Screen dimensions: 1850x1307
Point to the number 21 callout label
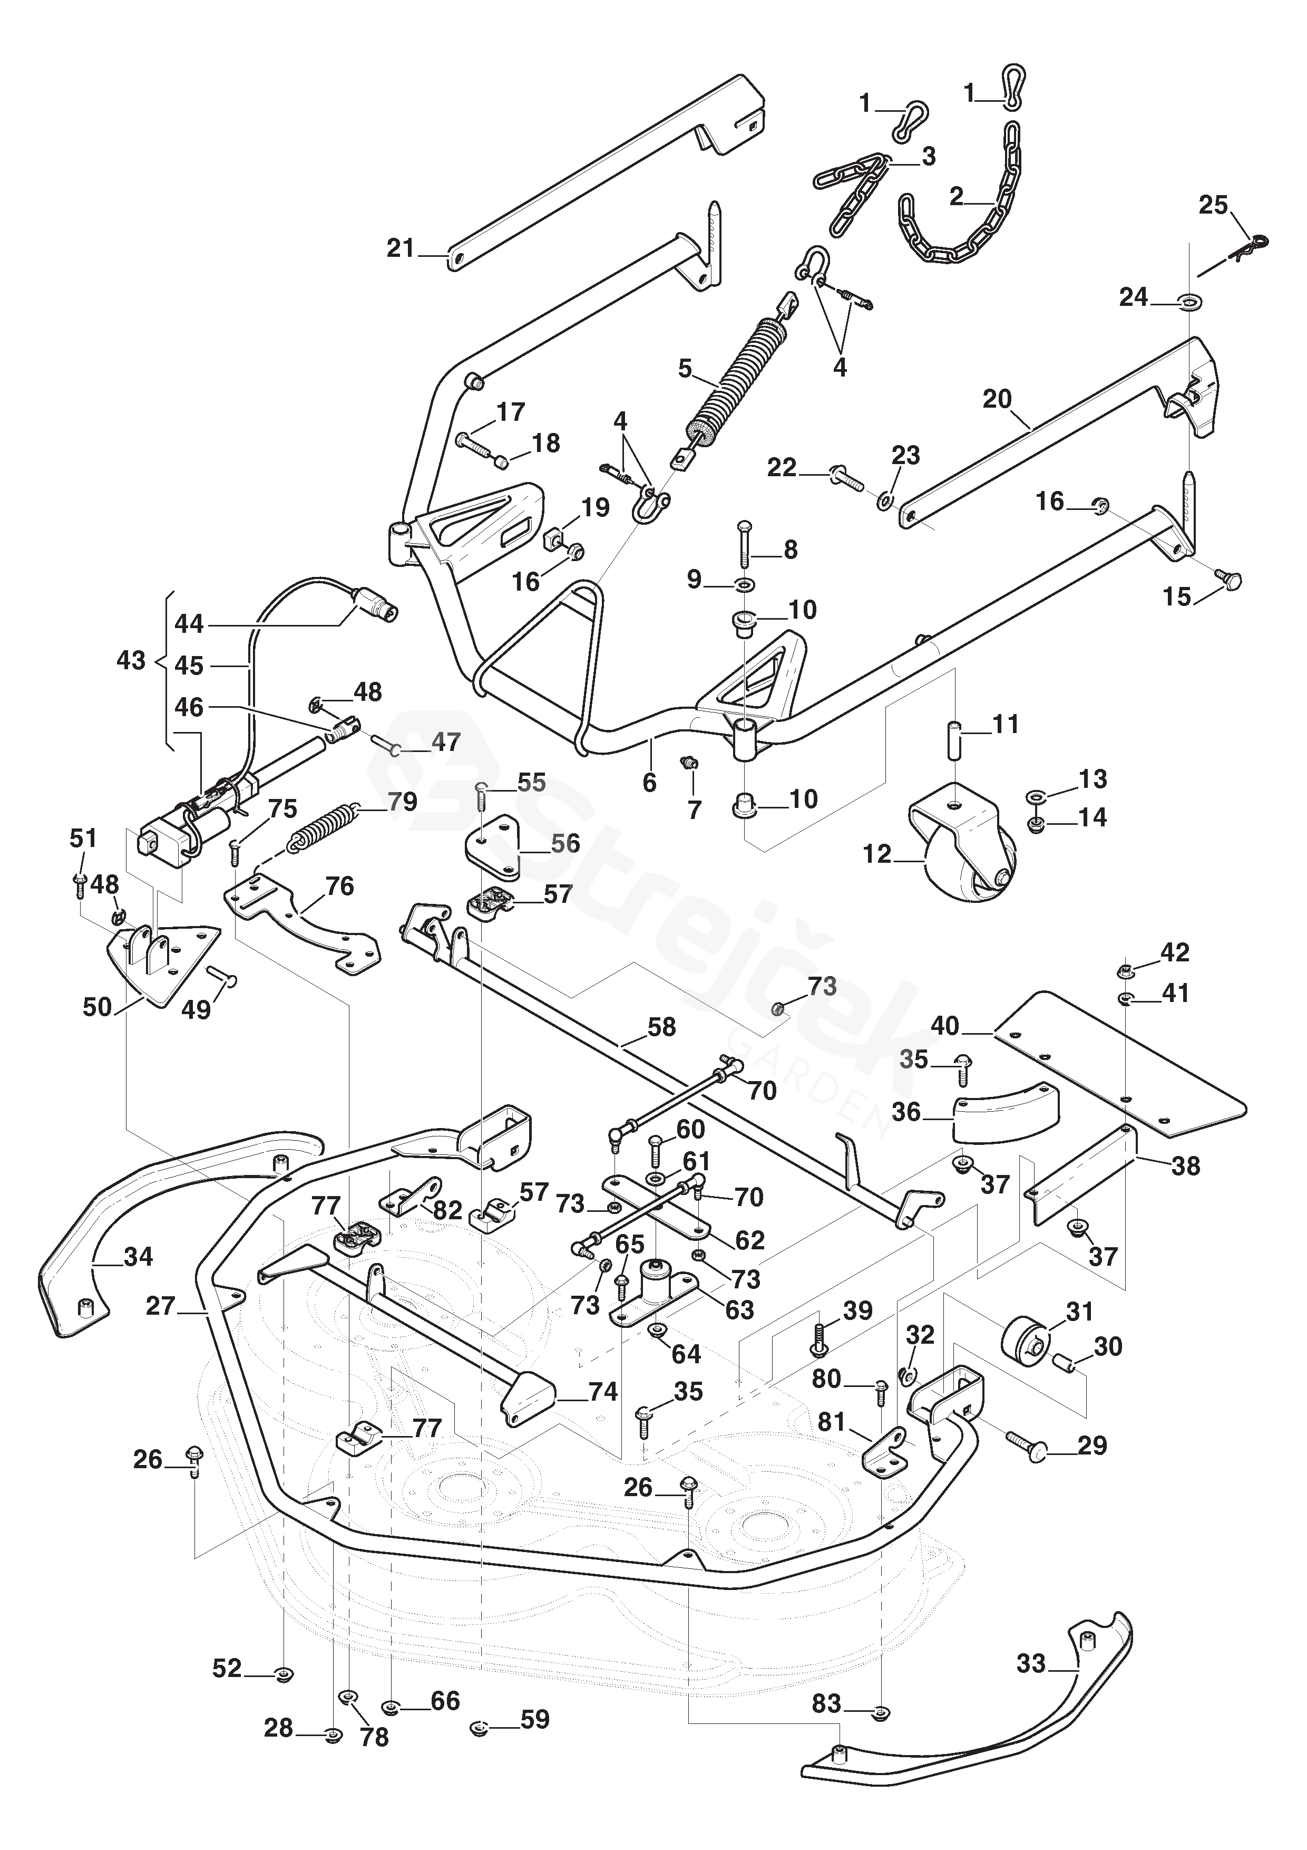[x=400, y=248]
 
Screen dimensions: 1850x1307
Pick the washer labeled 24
[x=1187, y=303]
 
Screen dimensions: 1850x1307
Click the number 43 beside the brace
[x=131, y=661]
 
